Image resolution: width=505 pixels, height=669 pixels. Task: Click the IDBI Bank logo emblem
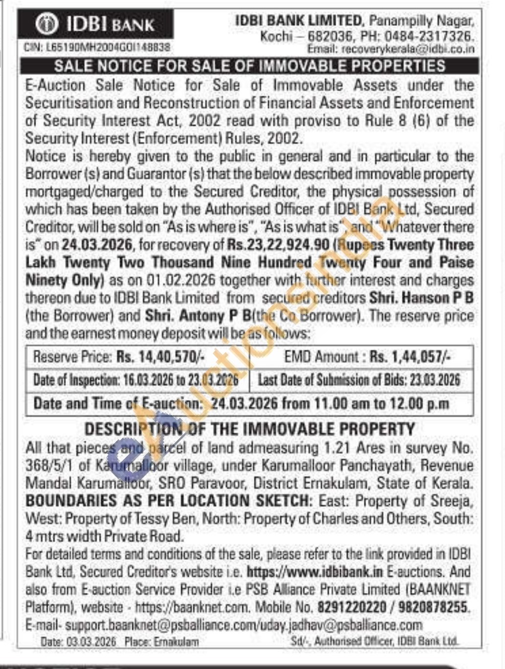click(x=46, y=24)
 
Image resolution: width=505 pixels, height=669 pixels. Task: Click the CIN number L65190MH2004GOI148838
click(x=97, y=48)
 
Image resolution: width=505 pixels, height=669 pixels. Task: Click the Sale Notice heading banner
click(x=249, y=66)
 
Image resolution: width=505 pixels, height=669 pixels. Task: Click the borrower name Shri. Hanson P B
click(x=421, y=298)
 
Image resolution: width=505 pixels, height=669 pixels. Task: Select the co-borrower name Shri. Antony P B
click(x=198, y=315)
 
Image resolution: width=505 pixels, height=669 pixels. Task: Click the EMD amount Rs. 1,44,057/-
click(x=410, y=357)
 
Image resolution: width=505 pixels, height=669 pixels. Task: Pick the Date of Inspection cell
click(x=136, y=380)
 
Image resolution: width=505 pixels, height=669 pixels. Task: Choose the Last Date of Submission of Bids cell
click(x=359, y=380)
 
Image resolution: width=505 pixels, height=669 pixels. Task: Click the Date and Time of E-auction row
click(x=241, y=404)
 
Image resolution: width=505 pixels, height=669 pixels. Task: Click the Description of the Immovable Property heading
click(x=249, y=429)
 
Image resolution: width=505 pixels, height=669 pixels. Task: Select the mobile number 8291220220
click(x=351, y=607)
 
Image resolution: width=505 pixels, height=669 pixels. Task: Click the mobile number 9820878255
click(x=433, y=607)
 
